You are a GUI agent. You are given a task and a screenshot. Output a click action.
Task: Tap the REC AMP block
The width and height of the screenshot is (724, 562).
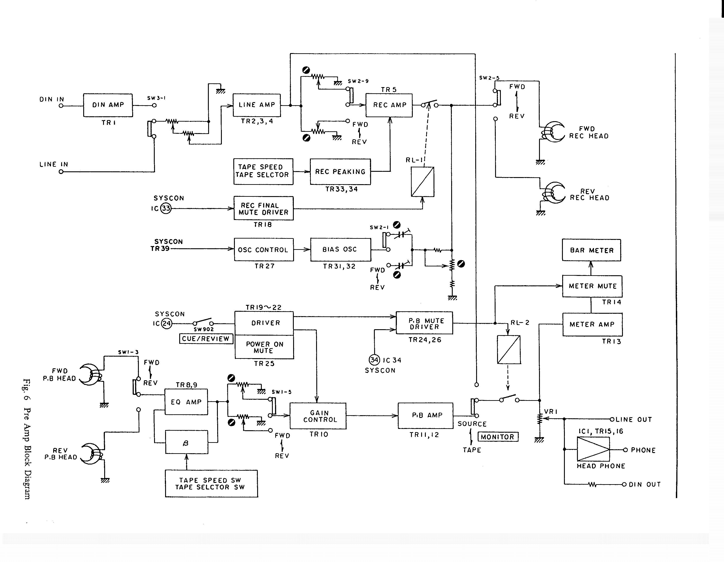pyautogui.click(x=389, y=105)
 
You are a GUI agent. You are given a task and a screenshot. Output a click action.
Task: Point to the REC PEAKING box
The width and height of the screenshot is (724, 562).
pyautogui.click(x=340, y=172)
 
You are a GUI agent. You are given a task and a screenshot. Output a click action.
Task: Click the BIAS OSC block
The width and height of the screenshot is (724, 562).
pyautogui.click(x=340, y=249)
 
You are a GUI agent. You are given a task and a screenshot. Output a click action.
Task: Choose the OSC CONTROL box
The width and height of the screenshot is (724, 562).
pyautogui.click(x=264, y=250)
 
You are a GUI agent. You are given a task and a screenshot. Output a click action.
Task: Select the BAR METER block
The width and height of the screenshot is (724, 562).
pyautogui.click(x=591, y=250)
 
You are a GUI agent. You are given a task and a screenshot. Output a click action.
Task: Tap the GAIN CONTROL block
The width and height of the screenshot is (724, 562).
pyautogui.click(x=318, y=416)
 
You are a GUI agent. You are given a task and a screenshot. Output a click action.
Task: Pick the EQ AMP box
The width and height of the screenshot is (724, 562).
pyautogui.click(x=186, y=402)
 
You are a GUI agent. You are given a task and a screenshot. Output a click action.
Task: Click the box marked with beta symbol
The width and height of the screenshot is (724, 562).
pyautogui.click(x=187, y=442)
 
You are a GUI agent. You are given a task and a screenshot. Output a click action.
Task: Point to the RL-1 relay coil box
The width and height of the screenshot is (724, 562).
pyautogui.click(x=423, y=182)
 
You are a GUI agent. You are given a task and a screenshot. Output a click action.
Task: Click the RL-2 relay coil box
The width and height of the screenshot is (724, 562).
pyautogui.click(x=509, y=350)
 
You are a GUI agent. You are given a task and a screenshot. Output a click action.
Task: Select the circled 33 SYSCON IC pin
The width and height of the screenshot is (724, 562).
pyautogui.click(x=166, y=208)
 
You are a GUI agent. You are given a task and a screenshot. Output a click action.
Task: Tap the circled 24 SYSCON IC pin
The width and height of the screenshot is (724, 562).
pyautogui.click(x=166, y=323)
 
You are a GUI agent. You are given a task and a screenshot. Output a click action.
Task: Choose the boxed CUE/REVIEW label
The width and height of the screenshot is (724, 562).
pyautogui.click(x=206, y=339)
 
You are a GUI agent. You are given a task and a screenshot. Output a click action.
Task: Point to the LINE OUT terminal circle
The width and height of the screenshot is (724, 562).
pyautogui.click(x=612, y=419)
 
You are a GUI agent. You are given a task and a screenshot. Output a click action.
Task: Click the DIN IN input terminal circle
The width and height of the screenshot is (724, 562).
pyautogui.click(x=61, y=106)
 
